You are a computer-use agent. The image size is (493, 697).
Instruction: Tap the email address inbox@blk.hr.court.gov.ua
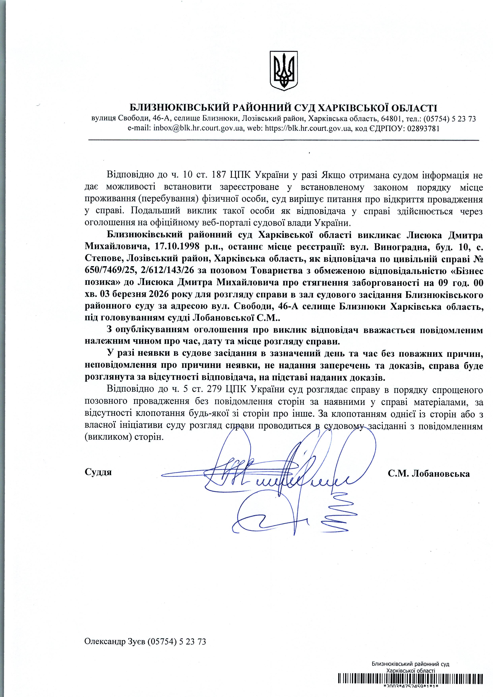click(198, 128)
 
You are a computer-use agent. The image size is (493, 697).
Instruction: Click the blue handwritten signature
click(282, 480)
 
